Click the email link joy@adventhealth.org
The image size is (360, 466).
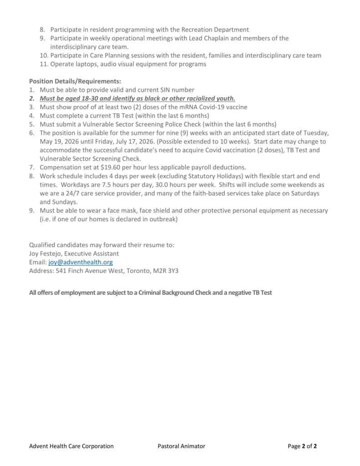pyautogui.click(x=81, y=263)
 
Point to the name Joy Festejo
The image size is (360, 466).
pyautogui.click(x=48, y=254)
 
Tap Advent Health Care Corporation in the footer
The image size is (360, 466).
pyautogui.click(x=71, y=446)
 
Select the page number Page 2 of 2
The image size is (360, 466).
pyautogui.click(x=302, y=446)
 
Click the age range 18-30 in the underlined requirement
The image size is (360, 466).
pyautogui.click(x=92, y=99)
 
